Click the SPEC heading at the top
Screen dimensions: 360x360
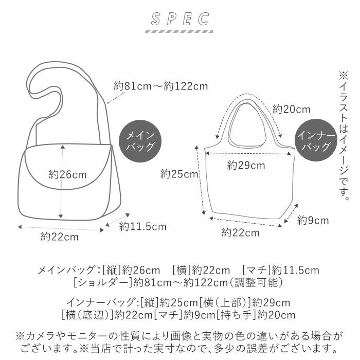[x=180, y=20]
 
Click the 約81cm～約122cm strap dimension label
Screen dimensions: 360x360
[x=161, y=86]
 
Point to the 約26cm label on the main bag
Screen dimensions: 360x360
[x=68, y=174]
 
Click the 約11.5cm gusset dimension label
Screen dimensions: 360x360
[x=143, y=226]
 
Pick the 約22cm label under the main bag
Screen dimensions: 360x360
[x=60, y=237]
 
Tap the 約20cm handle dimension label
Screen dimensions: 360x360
[x=291, y=109]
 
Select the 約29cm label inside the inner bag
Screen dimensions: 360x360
[x=246, y=165]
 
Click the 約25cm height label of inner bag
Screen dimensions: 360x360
[x=179, y=174]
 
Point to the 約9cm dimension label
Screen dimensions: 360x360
[x=313, y=221]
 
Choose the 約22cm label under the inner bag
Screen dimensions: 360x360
[x=240, y=232]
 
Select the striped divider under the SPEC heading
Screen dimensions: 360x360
[x=180, y=32]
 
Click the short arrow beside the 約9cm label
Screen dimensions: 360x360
[x=290, y=213]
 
